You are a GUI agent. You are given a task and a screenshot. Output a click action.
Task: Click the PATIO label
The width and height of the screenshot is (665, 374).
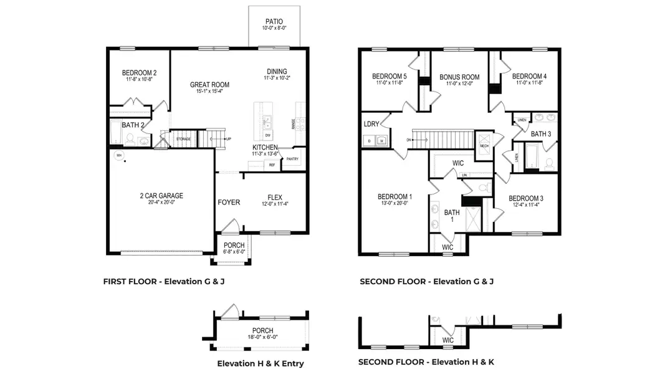274,21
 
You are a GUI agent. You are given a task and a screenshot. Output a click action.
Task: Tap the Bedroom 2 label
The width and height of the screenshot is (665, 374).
139,73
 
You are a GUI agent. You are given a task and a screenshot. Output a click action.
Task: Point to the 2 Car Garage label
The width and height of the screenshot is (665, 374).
161,196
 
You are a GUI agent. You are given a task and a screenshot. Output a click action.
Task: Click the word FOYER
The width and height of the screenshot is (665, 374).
229,202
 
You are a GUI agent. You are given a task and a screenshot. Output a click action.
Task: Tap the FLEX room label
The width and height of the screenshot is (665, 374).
275,196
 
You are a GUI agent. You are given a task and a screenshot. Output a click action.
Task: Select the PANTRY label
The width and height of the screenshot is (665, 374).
292,159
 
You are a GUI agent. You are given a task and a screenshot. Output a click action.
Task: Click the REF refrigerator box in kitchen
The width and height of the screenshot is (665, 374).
272,165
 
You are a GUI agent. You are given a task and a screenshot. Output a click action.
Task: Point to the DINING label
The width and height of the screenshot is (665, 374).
277,72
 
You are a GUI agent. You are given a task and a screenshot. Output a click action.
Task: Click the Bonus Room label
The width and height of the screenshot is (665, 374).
459,77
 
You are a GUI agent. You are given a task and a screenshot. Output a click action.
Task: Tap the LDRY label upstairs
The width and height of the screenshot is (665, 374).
372,124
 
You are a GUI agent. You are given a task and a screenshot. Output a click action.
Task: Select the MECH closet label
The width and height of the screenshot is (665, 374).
484,145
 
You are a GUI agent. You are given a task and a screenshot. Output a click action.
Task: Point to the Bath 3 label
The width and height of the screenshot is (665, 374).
541,134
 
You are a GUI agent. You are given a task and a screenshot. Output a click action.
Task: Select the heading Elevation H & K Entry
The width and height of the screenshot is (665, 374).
261,363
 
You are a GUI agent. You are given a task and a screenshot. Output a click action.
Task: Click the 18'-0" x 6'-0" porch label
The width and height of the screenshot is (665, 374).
262,337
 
